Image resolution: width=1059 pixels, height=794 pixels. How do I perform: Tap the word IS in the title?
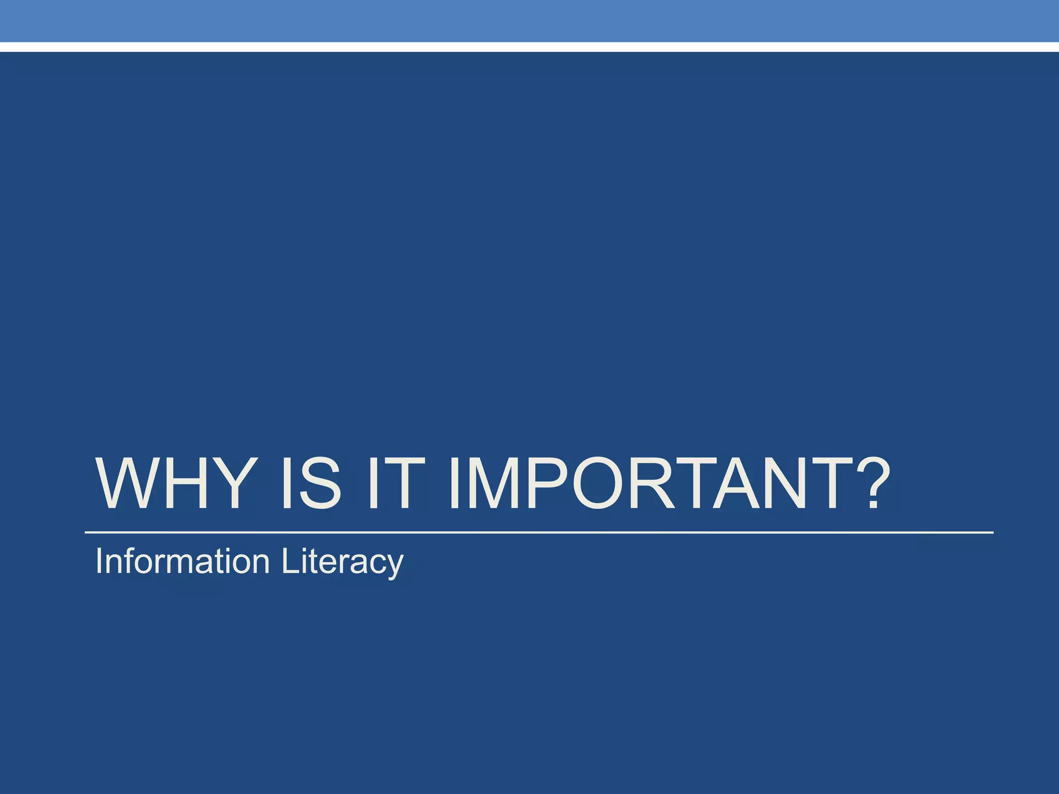tap(311, 484)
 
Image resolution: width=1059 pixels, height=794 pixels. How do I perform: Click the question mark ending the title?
tap(871, 484)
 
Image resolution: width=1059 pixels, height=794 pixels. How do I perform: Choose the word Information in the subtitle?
tap(183, 561)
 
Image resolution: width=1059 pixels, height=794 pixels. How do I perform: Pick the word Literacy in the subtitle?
tap(342, 561)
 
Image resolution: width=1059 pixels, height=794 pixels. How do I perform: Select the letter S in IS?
tap(320, 484)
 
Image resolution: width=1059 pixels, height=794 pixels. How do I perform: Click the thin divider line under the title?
tap(538, 532)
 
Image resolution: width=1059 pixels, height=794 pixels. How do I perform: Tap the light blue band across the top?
tap(529, 21)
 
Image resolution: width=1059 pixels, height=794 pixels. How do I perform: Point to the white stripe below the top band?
tap(529, 47)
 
